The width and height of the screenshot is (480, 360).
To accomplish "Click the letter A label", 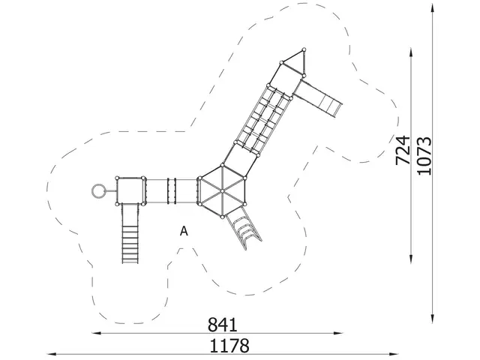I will [183, 232].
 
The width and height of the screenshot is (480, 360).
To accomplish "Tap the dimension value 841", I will [223, 324].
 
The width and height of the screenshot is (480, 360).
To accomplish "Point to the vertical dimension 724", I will [403, 150].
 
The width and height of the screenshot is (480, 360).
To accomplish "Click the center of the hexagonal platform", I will [222, 191].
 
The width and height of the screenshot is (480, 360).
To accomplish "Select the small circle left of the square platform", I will [97, 190].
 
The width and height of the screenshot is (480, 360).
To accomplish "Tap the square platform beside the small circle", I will [130, 190].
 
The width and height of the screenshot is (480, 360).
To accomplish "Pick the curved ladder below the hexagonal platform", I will [244, 226].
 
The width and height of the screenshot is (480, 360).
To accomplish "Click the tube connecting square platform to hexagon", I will [171, 190].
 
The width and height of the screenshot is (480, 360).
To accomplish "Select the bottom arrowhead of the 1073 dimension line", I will [435, 313].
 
